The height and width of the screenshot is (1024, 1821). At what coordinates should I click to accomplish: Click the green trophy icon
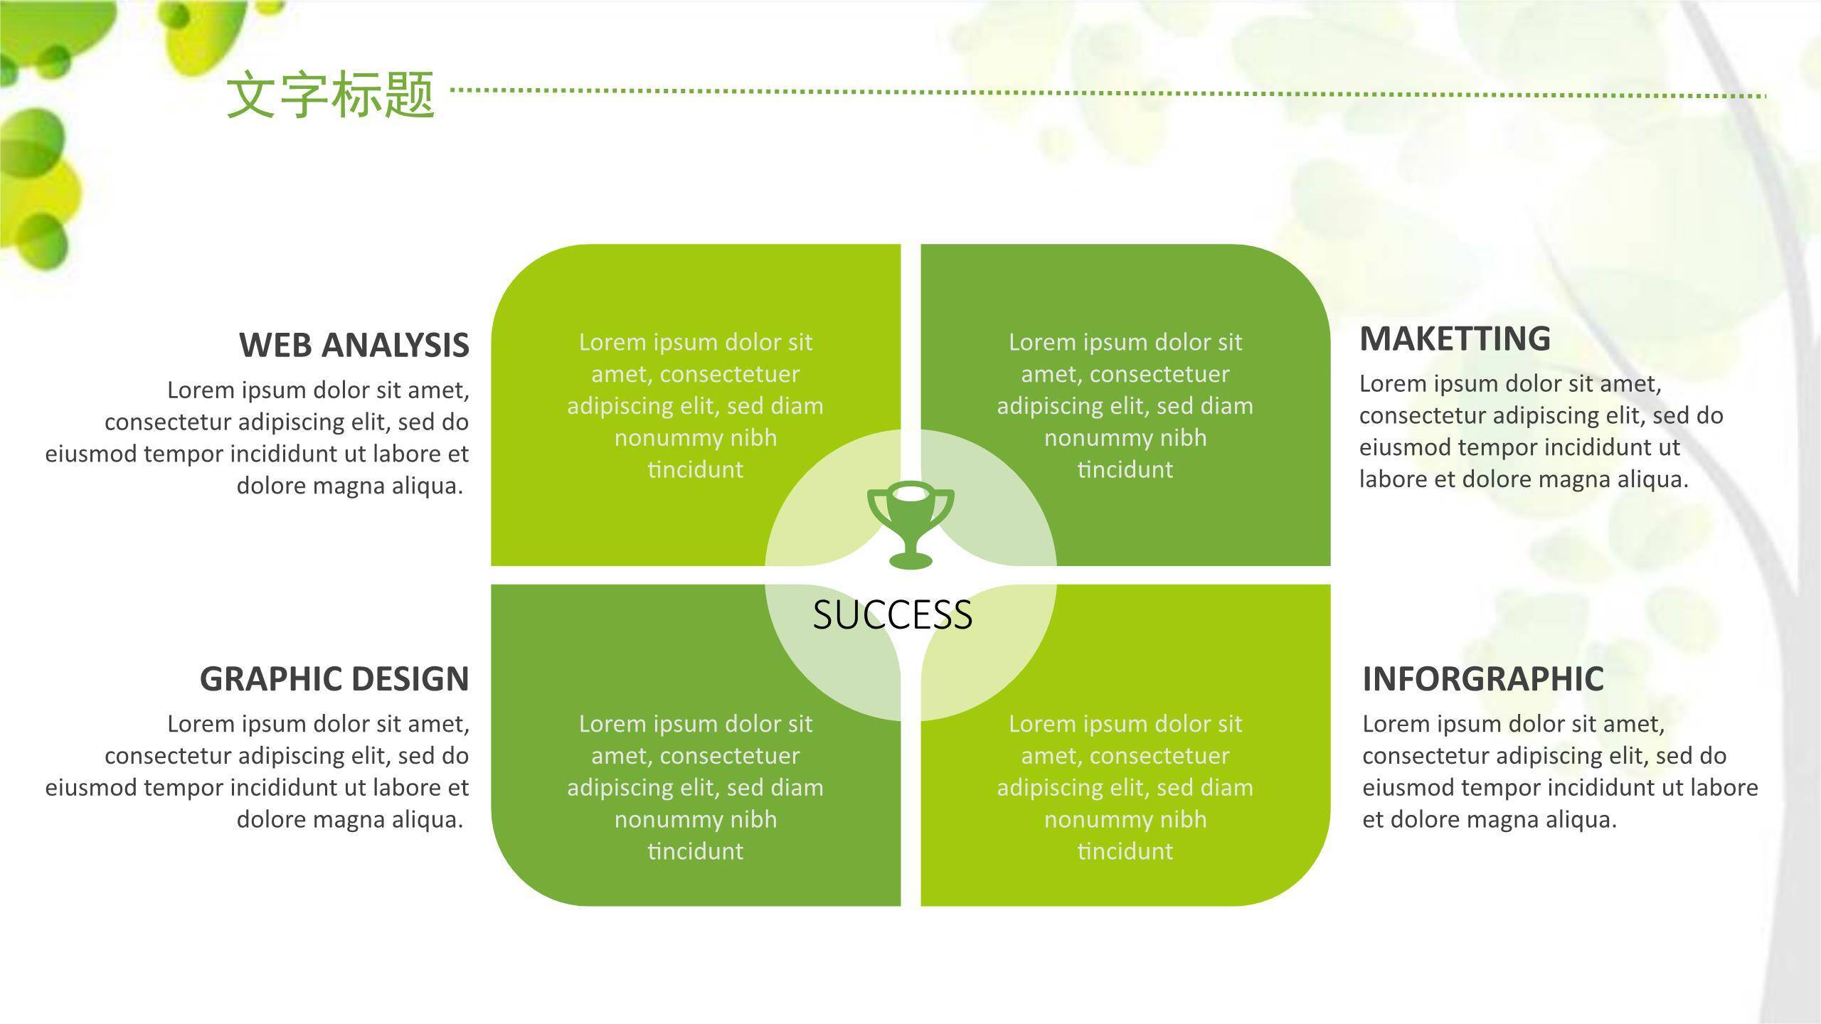point(910,526)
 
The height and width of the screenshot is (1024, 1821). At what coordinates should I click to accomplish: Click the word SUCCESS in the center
point(893,615)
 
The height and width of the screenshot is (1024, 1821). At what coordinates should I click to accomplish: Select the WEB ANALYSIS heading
point(354,345)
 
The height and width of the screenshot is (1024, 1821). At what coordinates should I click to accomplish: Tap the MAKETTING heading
point(1455,338)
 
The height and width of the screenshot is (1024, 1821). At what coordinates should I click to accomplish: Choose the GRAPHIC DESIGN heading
point(334,678)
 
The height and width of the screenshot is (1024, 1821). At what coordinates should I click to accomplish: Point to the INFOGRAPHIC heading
point(1483,678)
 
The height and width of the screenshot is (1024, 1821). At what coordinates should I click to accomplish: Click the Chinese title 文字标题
point(331,94)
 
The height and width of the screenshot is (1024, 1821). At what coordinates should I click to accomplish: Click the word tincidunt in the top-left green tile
point(696,469)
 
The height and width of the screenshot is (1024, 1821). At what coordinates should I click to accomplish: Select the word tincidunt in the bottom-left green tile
point(696,851)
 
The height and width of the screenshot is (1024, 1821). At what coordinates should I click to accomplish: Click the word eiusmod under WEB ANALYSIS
point(91,454)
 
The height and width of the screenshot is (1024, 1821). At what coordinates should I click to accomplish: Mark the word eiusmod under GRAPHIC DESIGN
point(91,788)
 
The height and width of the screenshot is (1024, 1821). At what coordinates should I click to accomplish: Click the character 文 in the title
point(251,94)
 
